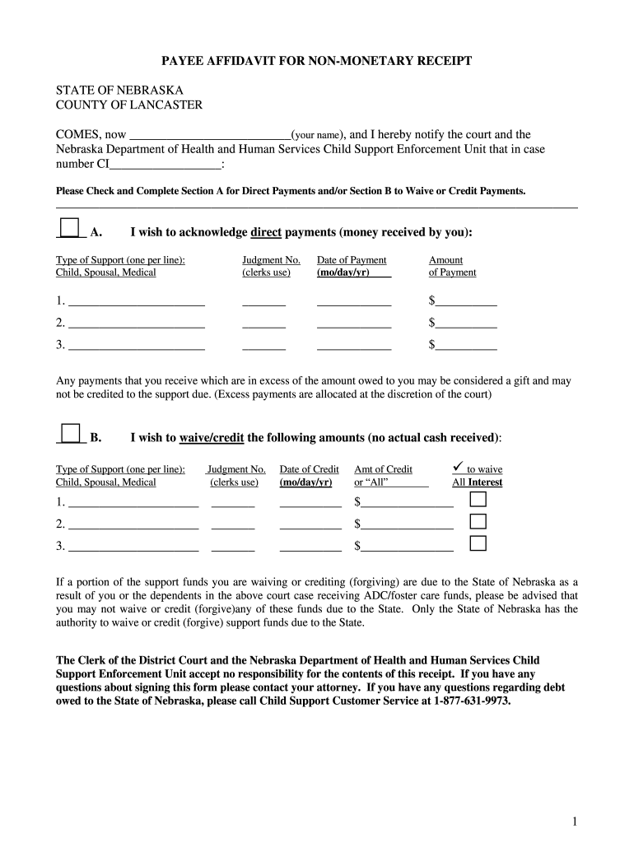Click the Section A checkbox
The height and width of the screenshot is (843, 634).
[70, 227]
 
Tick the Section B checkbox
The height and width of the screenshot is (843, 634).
[70, 433]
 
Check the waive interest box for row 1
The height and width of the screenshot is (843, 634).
[478, 500]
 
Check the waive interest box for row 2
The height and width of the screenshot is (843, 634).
[478, 521]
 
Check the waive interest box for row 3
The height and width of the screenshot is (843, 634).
[478, 543]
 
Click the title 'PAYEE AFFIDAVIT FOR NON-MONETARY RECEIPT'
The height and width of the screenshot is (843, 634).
[316, 62]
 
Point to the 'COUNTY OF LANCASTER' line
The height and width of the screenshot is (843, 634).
[128, 105]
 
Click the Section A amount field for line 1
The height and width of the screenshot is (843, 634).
[466, 301]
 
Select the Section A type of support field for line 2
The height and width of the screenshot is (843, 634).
[137, 324]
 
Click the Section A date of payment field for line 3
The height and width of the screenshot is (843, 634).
[354, 346]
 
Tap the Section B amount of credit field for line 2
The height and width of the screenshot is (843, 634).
[407, 524]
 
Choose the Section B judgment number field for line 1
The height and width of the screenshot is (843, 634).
[233, 503]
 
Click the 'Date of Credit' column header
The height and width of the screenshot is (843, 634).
[309, 469]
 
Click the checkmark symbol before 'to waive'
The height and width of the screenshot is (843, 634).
[459, 468]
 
